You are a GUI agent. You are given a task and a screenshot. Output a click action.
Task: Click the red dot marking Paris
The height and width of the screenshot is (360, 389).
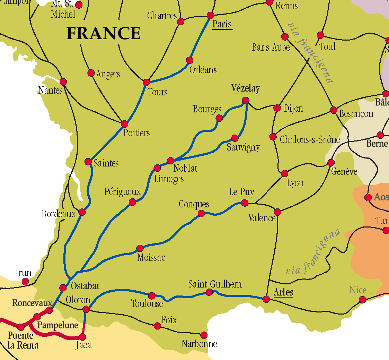coord(210,15)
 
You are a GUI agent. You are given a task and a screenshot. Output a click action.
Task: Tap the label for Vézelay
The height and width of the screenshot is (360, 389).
coord(246,89)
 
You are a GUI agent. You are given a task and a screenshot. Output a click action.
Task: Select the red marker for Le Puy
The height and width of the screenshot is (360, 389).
coord(245,203)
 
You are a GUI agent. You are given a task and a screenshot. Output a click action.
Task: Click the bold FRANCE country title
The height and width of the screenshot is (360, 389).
coord(103,34)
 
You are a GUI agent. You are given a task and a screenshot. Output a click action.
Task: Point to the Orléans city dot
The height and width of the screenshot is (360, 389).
coord(189,60)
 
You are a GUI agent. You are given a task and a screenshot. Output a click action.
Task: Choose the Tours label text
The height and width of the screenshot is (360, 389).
coord(158,92)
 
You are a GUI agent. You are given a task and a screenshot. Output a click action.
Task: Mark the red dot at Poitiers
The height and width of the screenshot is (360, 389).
coord(125,124)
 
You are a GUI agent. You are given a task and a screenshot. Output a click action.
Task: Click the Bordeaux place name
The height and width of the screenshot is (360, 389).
coord(59,214)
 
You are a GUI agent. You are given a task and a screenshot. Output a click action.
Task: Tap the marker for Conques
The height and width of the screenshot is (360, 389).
coord(201,214)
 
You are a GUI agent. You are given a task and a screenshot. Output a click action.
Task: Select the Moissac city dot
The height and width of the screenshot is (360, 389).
coord(140,248)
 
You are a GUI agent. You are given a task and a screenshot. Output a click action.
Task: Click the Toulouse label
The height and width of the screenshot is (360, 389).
coord(147,304)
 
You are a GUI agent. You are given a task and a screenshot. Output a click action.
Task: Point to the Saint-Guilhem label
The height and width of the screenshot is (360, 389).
coord(215,284)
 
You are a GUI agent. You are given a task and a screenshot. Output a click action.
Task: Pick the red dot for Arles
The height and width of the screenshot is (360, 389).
coord(266,299)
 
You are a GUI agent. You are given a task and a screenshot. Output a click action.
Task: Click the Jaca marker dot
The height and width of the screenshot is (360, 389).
coord(82,337)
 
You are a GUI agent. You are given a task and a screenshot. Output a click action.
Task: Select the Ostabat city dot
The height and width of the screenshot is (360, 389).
coord(63,288)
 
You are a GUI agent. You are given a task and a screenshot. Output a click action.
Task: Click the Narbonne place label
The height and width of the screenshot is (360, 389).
coord(199,344)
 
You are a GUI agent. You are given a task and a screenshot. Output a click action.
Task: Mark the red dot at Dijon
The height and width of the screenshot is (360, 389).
coord(277,108)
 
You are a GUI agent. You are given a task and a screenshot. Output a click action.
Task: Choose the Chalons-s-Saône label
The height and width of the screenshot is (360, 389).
coord(310,139)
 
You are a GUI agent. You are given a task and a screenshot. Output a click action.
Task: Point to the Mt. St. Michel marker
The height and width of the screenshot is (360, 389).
coord(79,5)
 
